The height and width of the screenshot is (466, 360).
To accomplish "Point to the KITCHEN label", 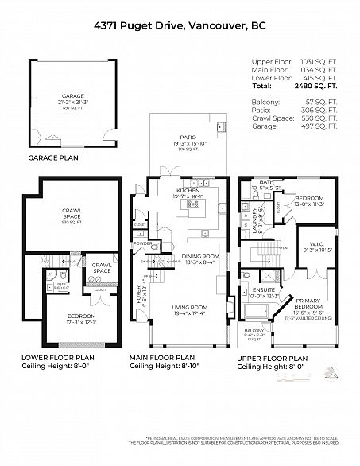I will [188, 192].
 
